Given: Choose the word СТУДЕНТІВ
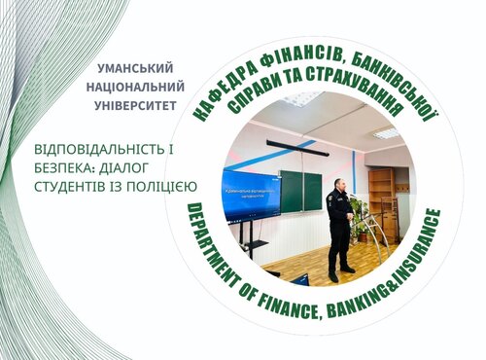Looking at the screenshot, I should coord(73,185).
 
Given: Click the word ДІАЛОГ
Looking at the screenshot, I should coord(137,167).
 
